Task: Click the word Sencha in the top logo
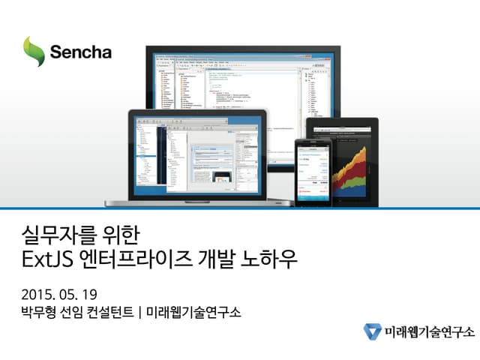[x=81, y=52]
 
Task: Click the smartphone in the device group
[x=311, y=168]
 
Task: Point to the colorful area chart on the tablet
[x=352, y=168]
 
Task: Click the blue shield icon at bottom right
[x=373, y=331]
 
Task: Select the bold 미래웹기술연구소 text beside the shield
[x=428, y=331]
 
